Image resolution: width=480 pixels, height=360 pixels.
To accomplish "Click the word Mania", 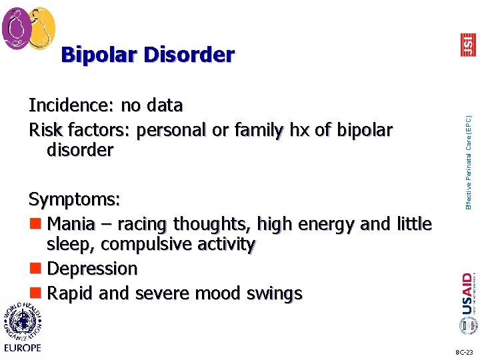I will (71, 223).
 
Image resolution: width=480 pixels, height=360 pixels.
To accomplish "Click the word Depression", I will (93, 269).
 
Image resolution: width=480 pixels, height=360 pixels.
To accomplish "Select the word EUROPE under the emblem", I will (22, 347).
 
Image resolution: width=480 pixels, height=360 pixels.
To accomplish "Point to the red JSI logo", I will (468, 45).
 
